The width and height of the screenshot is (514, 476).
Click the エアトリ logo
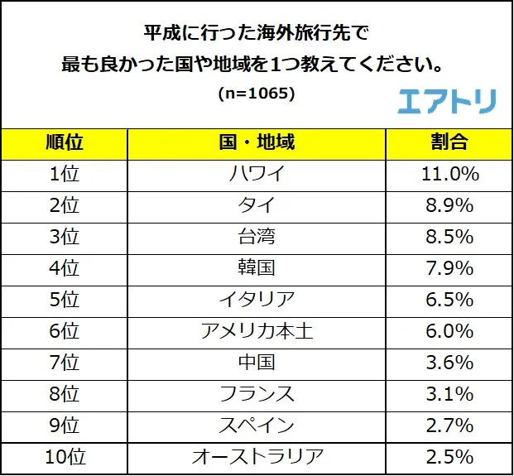447,100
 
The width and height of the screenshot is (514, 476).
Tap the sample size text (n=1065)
257,93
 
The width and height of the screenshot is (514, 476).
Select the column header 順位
64,142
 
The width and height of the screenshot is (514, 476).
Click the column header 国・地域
257,142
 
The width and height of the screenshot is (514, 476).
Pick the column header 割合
449,142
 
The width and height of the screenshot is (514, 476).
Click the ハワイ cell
257,174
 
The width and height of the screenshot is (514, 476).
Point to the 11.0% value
449,174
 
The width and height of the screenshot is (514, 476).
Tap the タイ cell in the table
257,205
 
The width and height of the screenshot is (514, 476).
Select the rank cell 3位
64,237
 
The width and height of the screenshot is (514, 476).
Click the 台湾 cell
257,237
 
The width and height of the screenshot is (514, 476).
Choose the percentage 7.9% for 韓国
449,268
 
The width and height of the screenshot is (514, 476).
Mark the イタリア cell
257,300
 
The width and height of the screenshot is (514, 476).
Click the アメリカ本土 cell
257,331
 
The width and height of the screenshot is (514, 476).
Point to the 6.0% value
449,331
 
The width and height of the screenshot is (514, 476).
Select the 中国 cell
257,363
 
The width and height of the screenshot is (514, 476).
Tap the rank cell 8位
64,394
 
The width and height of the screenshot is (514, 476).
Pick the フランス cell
257,394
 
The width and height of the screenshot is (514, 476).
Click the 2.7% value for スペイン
449,426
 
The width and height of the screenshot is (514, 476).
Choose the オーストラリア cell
257,456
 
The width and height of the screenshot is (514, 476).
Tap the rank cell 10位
64,456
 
